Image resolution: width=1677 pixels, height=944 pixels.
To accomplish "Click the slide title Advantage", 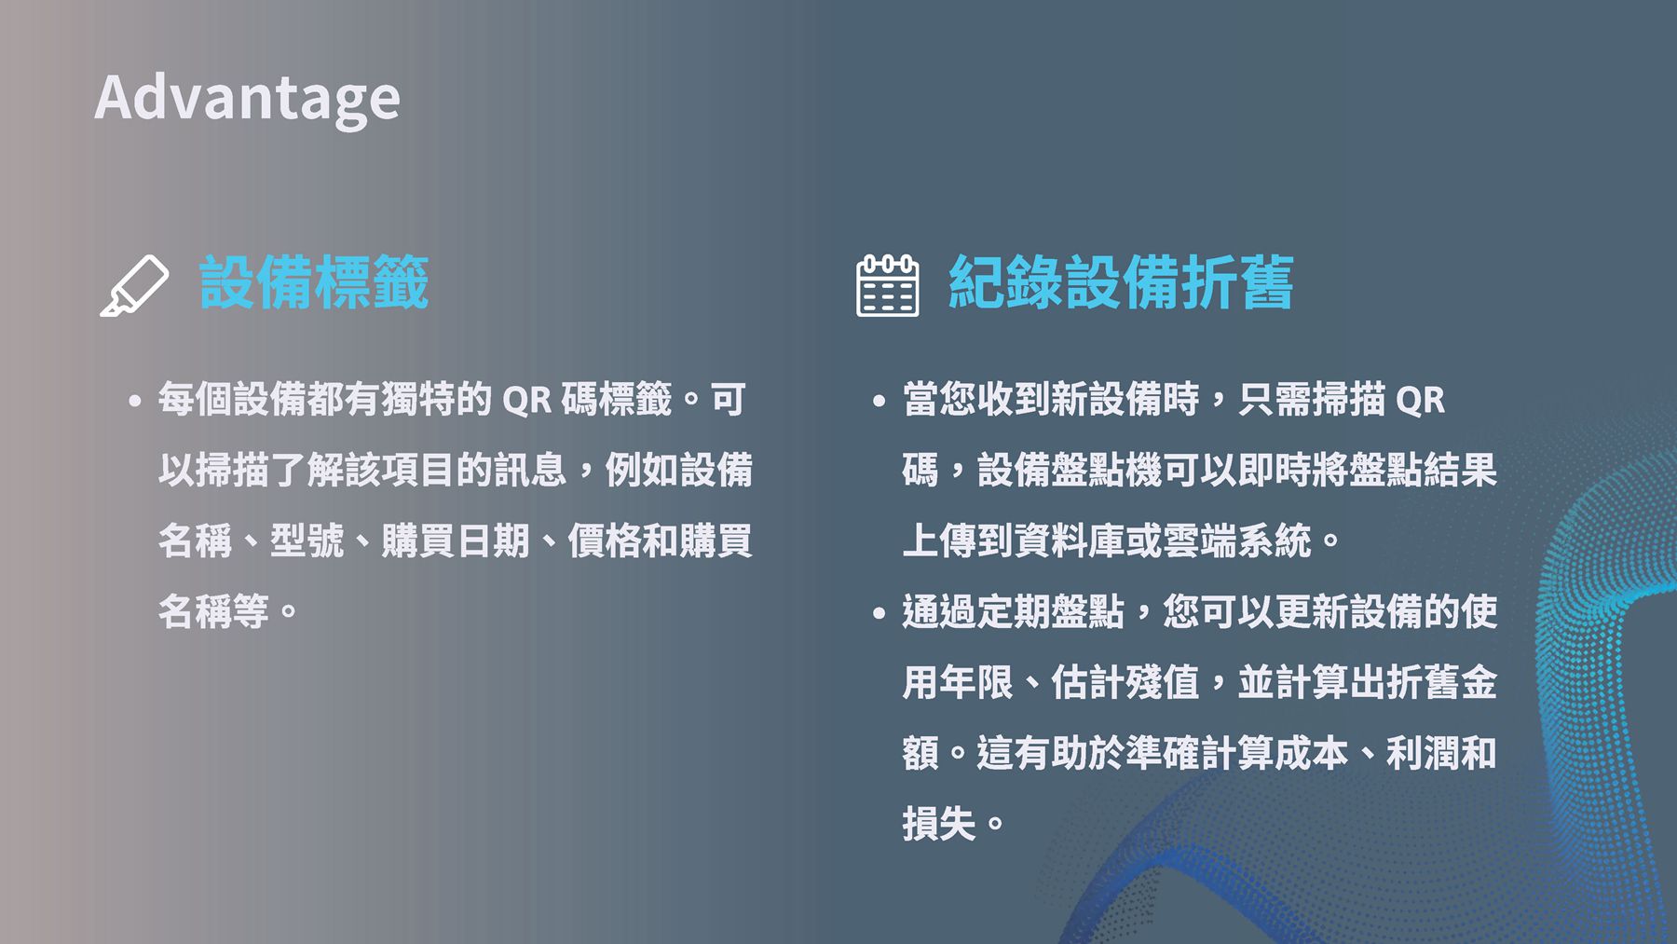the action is click(248, 98).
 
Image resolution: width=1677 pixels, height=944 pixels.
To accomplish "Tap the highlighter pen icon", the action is click(134, 285).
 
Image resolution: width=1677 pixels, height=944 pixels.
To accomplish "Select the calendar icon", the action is click(887, 285).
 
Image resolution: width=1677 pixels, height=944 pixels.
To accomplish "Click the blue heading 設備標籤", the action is click(314, 282).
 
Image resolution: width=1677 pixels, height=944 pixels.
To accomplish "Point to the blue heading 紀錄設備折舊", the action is click(1121, 282).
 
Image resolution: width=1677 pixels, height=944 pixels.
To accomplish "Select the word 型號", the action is click(307, 540).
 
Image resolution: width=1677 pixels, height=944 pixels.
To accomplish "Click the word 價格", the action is click(605, 540).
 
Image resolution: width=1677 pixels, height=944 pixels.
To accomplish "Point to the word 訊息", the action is click(530, 470).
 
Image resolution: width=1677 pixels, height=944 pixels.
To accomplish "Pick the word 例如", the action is click(642, 470).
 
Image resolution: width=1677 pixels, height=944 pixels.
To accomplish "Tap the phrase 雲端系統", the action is click(1237, 540).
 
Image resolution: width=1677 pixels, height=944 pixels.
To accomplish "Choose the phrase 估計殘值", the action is click(1125, 682).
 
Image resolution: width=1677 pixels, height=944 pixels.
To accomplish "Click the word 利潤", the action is click(1424, 753).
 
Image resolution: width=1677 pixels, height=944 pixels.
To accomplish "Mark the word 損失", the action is click(939, 824).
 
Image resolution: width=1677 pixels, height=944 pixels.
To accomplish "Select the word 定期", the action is click(1014, 611).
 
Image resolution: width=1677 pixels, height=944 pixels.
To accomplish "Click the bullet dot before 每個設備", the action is click(135, 402).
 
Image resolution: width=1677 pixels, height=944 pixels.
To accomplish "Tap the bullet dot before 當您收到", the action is click(879, 402).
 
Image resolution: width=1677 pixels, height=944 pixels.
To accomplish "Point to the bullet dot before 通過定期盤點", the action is click(879, 613).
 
